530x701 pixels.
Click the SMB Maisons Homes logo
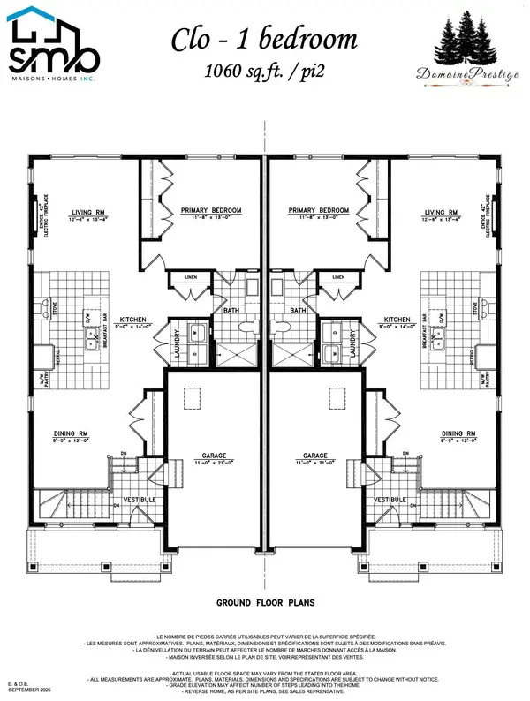[x=51, y=43]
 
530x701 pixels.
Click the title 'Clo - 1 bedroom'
[x=264, y=38]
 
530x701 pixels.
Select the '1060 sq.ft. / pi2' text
[x=264, y=70]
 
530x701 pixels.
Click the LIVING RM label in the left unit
[x=90, y=213]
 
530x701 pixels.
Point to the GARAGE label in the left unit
[x=212, y=456]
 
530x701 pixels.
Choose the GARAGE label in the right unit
[x=316, y=456]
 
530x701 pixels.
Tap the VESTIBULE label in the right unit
[x=390, y=500]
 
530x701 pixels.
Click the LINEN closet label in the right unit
[x=338, y=276]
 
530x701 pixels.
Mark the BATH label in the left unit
[x=230, y=311]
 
